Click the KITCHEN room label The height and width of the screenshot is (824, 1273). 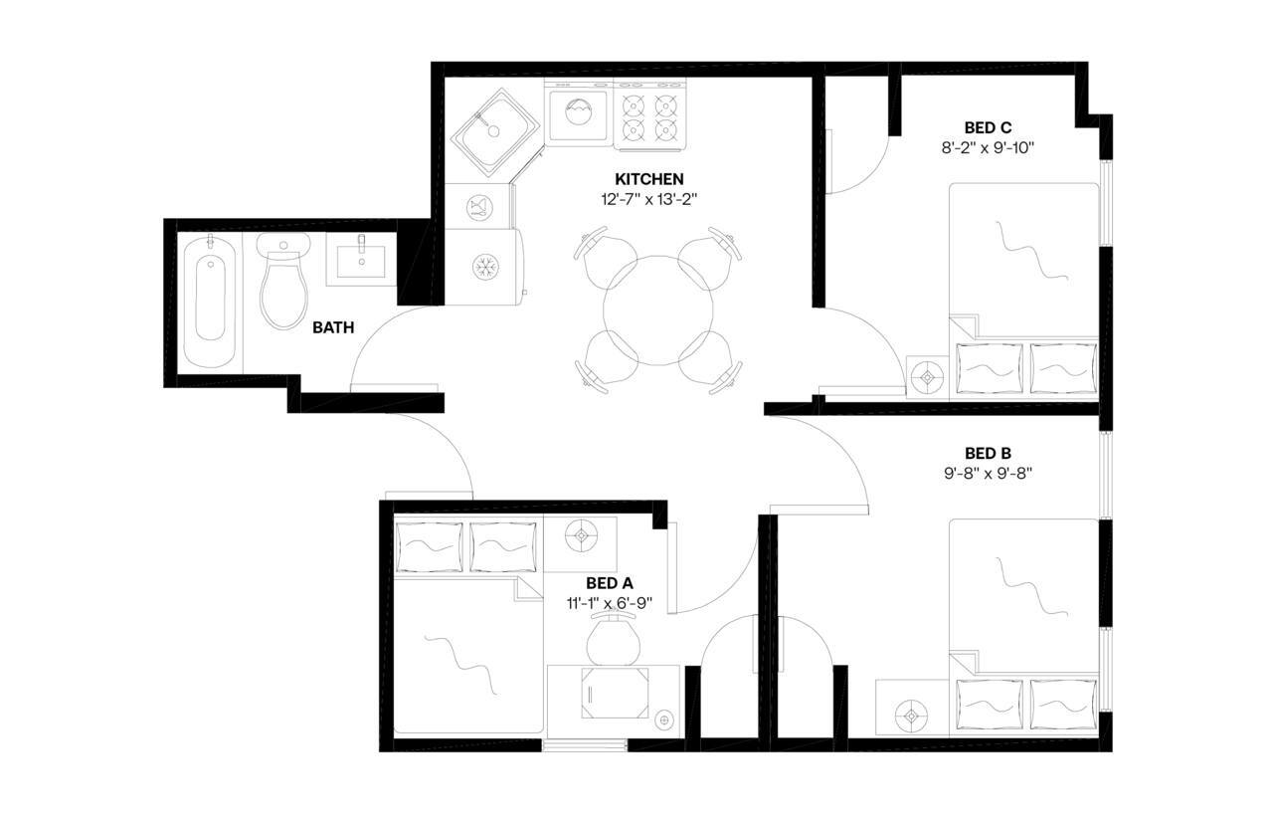(648, 179)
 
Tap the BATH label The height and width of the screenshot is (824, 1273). (333, 326)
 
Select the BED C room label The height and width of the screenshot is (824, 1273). (988, 127)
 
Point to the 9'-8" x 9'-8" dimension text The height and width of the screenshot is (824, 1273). (988, 474)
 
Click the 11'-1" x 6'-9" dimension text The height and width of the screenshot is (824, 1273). (610, 603)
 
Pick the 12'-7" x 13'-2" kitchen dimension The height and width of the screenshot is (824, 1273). (648, 198)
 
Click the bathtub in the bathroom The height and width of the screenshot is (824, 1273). (210, 298)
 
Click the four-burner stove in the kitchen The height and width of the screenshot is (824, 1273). (649, 115)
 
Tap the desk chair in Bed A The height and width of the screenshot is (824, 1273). (613, 640)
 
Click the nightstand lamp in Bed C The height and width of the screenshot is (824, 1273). (928, 377)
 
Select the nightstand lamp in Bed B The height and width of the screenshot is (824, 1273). (909, 714)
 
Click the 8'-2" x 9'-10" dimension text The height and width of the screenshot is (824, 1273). (988, 147)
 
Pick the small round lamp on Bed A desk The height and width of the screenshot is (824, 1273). (663, 717)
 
